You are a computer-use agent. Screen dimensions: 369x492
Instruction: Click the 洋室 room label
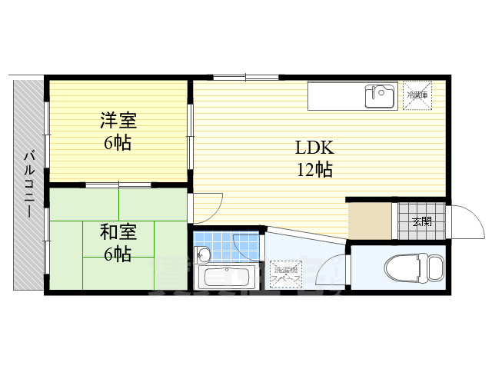pos(118,120)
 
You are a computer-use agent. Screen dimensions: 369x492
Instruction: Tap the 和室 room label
pos(118,231)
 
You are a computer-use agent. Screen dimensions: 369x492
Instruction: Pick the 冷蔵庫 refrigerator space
pos(418,95)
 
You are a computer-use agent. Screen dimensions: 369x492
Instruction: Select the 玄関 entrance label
pos(421,222)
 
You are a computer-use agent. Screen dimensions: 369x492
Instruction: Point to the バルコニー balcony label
pos(28,184)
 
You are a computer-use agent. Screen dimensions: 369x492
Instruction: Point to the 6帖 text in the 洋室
pos(118,142)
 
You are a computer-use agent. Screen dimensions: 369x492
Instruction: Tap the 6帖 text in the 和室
pos(118,254)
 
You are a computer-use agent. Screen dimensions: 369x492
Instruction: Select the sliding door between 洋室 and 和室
pos(118,185)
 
